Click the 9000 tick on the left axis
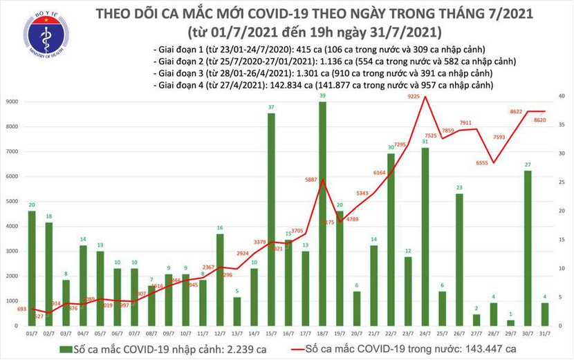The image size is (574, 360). click(x=12, y=102)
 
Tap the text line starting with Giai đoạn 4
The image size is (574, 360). click(x=323, y=85)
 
